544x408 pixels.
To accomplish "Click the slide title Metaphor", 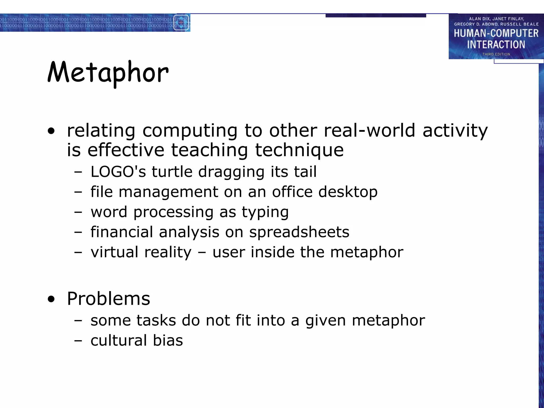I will pyautogui.click(x=108, y=73).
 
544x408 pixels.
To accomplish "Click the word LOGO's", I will pyautogui.click(x=118, y=172).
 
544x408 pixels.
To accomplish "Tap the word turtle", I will pyautogui.click(x=172, y=172).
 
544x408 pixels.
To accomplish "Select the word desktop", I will pyautogui.click(x=348, y=192).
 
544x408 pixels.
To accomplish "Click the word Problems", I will pyautogui.click(x=108, y=299).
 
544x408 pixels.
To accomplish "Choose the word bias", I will pyautogui.click(x=168, y=340).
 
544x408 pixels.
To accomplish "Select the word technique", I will pyautogui.click(x=299, y=150).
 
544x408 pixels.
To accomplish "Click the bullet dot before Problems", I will pyautogui.click(x=51, y=299).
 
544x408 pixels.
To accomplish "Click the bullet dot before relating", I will pyautogui.click(x=51, y=131).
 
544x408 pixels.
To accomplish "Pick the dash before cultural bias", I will pyautogui.click(x=78, y=341).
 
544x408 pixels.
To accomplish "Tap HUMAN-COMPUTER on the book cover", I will pyautogui.click(x=496, y=33).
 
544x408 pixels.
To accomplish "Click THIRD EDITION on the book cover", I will pyautogui.click(x=496, y=54).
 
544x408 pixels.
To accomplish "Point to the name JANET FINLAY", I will pyautogui.click(x=508, y=19).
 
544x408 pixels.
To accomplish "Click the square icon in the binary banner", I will pyautogui.click(x=181, y=23).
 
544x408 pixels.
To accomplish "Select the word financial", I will pyautogui.click(x=122, y=232).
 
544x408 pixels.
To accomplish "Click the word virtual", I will pyautogui.click(x=114, y=252).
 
